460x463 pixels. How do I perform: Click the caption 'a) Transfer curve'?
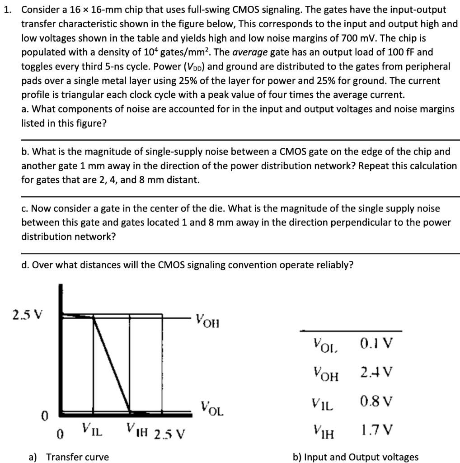click(69, 457)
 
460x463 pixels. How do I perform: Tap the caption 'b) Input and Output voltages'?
click(356, 457)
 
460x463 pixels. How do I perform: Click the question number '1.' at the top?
click(8, 9)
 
